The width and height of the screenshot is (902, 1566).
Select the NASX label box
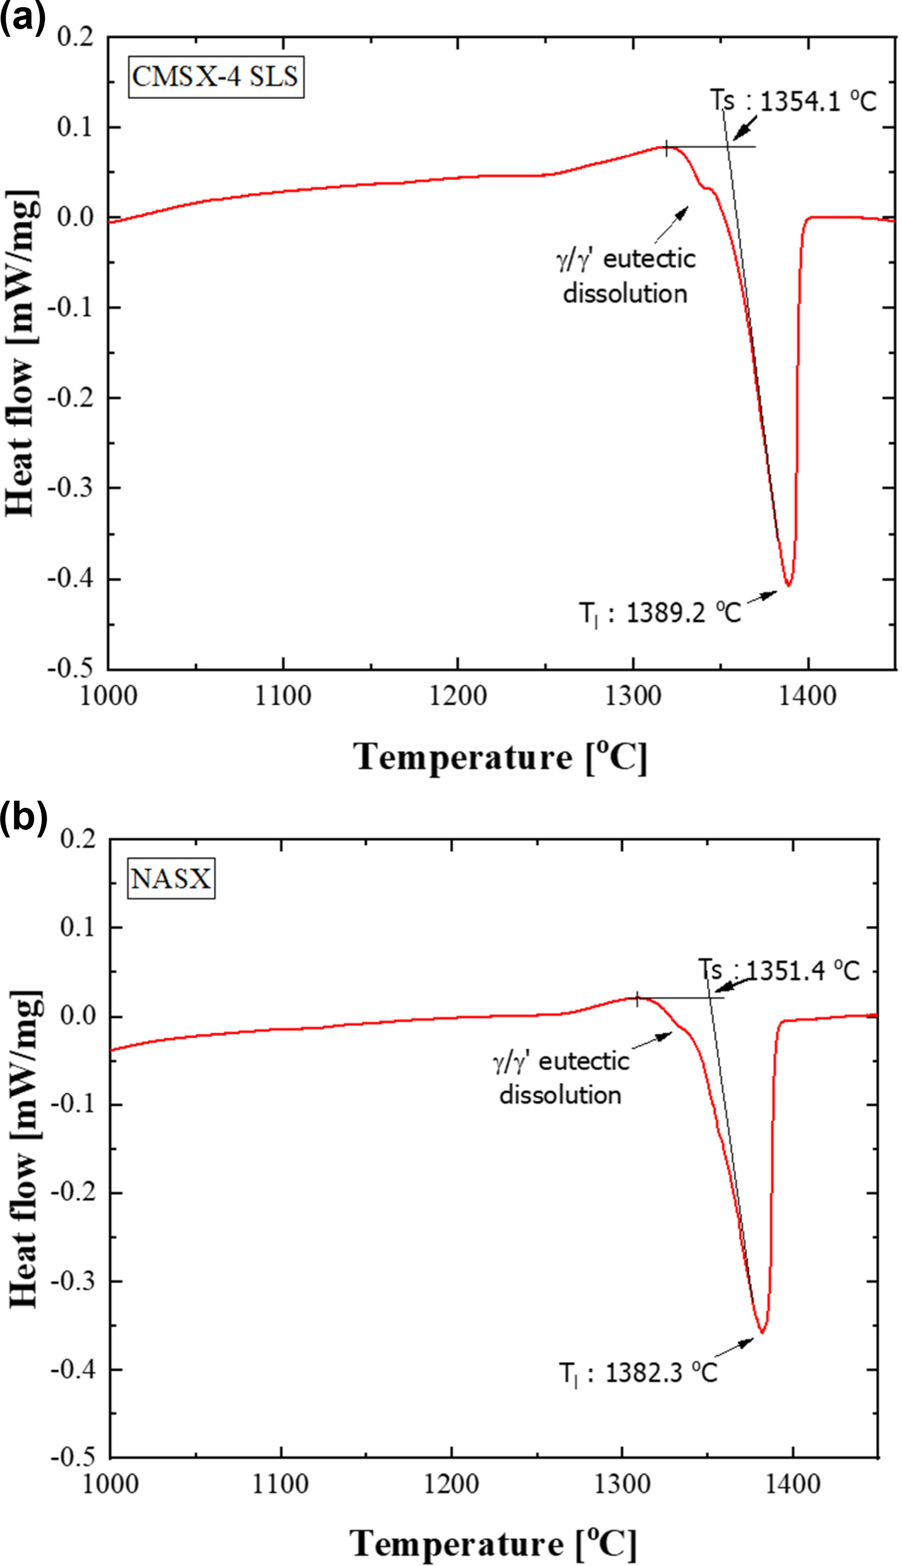pyautogui.click(x=171, y=879)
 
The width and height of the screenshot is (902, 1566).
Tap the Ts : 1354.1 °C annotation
pyautogui.click(x=793, y=101)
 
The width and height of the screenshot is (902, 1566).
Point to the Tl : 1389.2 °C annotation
pyautogui.click(x=660, y=614)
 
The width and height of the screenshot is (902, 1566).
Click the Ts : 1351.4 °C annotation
pyautogui.click(x=779, y=971)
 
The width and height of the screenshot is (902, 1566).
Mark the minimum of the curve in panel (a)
pyautogui.click(x=788, y=585)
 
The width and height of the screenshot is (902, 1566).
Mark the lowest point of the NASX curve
pyautogui.click(x=762, y=1332)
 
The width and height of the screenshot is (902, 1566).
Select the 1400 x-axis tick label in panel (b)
pyautogui.click(x=792, y=1485)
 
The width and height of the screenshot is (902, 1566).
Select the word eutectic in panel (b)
pyautogui.click(x=583, y=1062)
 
